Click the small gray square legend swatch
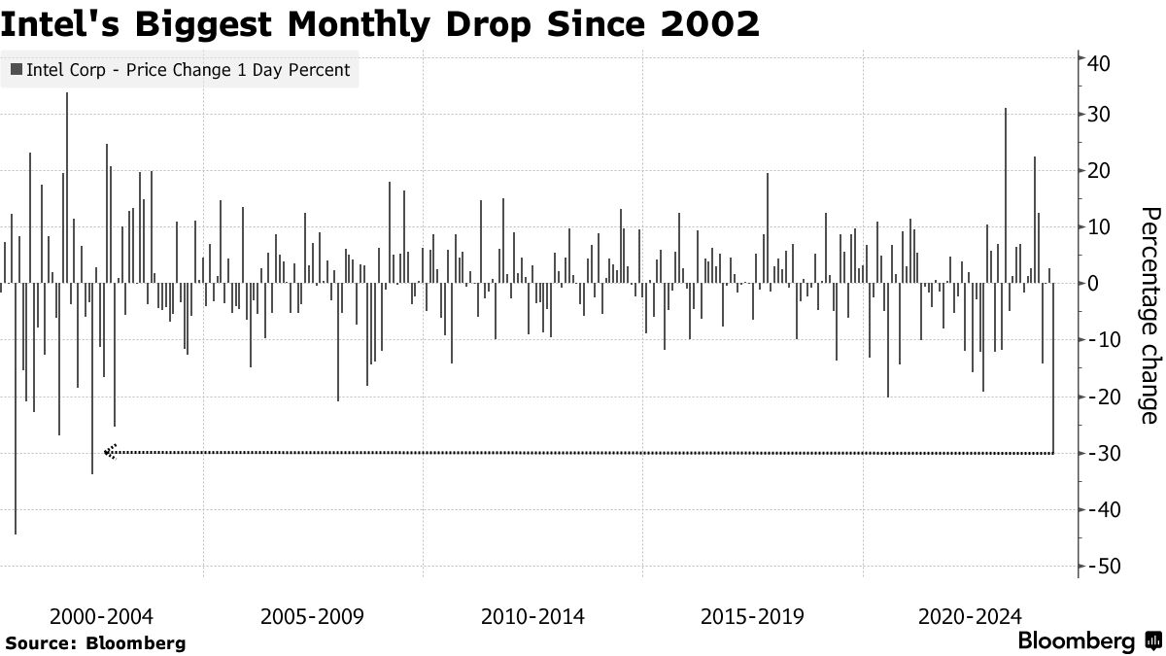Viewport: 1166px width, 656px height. point(17,70)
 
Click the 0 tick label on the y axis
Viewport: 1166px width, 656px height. point(1093,284)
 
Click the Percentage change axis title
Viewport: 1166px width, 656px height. point(1148,315)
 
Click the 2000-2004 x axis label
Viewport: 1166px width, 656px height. point(101,616)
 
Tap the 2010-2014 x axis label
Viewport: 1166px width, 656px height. point(533,616)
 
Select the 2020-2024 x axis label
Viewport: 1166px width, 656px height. point(970,616)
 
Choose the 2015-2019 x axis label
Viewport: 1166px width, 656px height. point(752,616)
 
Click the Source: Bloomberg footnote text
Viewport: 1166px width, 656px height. point(94,642)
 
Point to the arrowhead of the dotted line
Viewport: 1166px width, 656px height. point(110,452)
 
